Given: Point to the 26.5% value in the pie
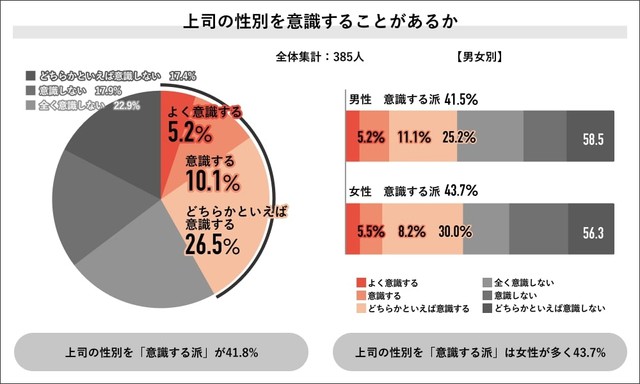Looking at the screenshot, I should (x=211, y=243).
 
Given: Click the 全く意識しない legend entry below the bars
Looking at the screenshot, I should (x=530, y=284).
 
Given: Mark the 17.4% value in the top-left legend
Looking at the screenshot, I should (x=182, y=75).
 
